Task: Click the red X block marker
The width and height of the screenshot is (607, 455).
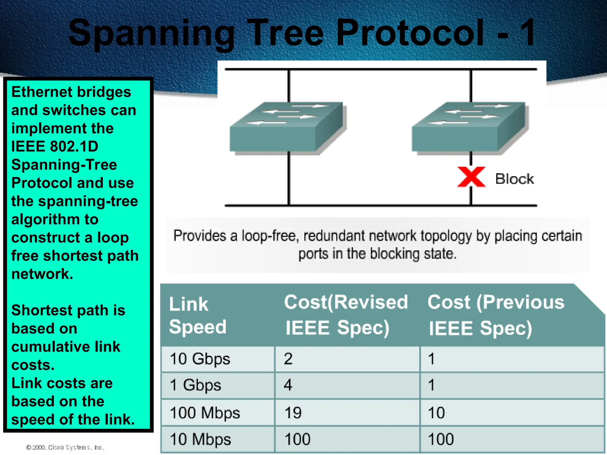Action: coord(471,177)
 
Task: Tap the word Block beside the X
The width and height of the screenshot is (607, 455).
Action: coord(514,179)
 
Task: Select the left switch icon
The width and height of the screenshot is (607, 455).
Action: coord(287,127)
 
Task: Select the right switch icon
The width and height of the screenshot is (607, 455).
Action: coord(469,127)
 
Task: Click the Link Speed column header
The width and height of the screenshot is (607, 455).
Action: coord(197,315)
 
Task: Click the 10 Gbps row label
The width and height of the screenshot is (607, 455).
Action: coord(200,359)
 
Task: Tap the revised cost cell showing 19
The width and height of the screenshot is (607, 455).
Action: coord(293,413)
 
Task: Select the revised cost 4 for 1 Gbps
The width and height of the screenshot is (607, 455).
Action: coord(288,385)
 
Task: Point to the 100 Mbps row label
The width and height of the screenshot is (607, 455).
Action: coord(205,413)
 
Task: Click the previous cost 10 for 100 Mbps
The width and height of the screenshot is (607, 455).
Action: coord(436,413)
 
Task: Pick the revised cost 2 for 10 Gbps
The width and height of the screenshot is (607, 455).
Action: coord(288,359)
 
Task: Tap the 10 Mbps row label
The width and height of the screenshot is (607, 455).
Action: coord(200,439)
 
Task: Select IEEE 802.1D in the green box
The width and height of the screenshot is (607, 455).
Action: coord(55,146)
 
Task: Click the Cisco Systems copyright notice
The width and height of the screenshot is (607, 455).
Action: coord(65,447)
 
